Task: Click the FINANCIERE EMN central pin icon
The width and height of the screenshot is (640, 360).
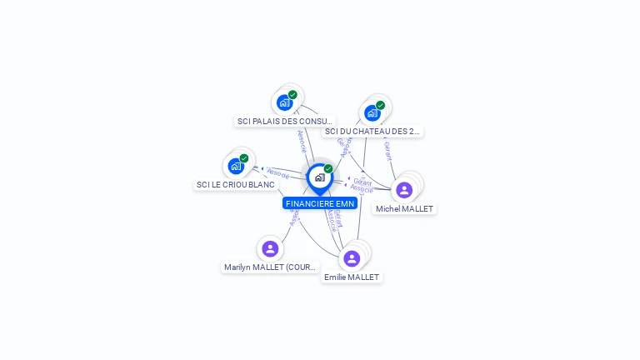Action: [x=318, y=177]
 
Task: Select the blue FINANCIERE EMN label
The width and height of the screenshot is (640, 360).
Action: [x=320, y=203]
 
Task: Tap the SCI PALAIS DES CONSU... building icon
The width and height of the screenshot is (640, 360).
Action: [x=285, y=103]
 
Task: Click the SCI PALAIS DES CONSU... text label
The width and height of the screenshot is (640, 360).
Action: [x=285, y=121]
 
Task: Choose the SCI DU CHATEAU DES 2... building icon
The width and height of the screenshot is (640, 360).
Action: [x=372, y=113]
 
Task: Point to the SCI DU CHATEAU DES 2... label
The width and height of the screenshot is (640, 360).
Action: [x=372, y=131]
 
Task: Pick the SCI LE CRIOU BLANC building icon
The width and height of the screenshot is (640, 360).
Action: [x=236, y=166]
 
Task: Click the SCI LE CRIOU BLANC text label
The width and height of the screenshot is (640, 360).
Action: [x=236, y=184]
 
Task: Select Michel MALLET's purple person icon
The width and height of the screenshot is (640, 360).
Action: [x=404, y=190]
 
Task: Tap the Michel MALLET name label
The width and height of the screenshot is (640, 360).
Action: [x=405, y=208]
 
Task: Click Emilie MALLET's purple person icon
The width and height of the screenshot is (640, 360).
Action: [x=352, y=258]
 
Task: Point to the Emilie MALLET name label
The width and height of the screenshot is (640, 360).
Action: [x=352, y=277]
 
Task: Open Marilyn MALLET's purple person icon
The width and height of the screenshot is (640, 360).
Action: [x=270, y=248]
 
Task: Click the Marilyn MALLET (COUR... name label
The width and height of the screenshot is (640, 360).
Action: [x=271, y=267]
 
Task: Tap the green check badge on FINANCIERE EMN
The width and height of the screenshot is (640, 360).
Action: [x=328, y=168]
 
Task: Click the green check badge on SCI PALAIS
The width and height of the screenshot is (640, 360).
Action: [x=292, y=95]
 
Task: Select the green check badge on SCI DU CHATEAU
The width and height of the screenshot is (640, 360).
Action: [x=380, y=105]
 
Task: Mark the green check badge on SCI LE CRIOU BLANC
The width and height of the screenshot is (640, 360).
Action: [x=244, y=158]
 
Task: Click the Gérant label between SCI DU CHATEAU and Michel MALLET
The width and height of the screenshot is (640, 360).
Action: [x=388, y=150]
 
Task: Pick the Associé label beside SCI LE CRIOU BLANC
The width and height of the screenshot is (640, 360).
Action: [x=278, y=173]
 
